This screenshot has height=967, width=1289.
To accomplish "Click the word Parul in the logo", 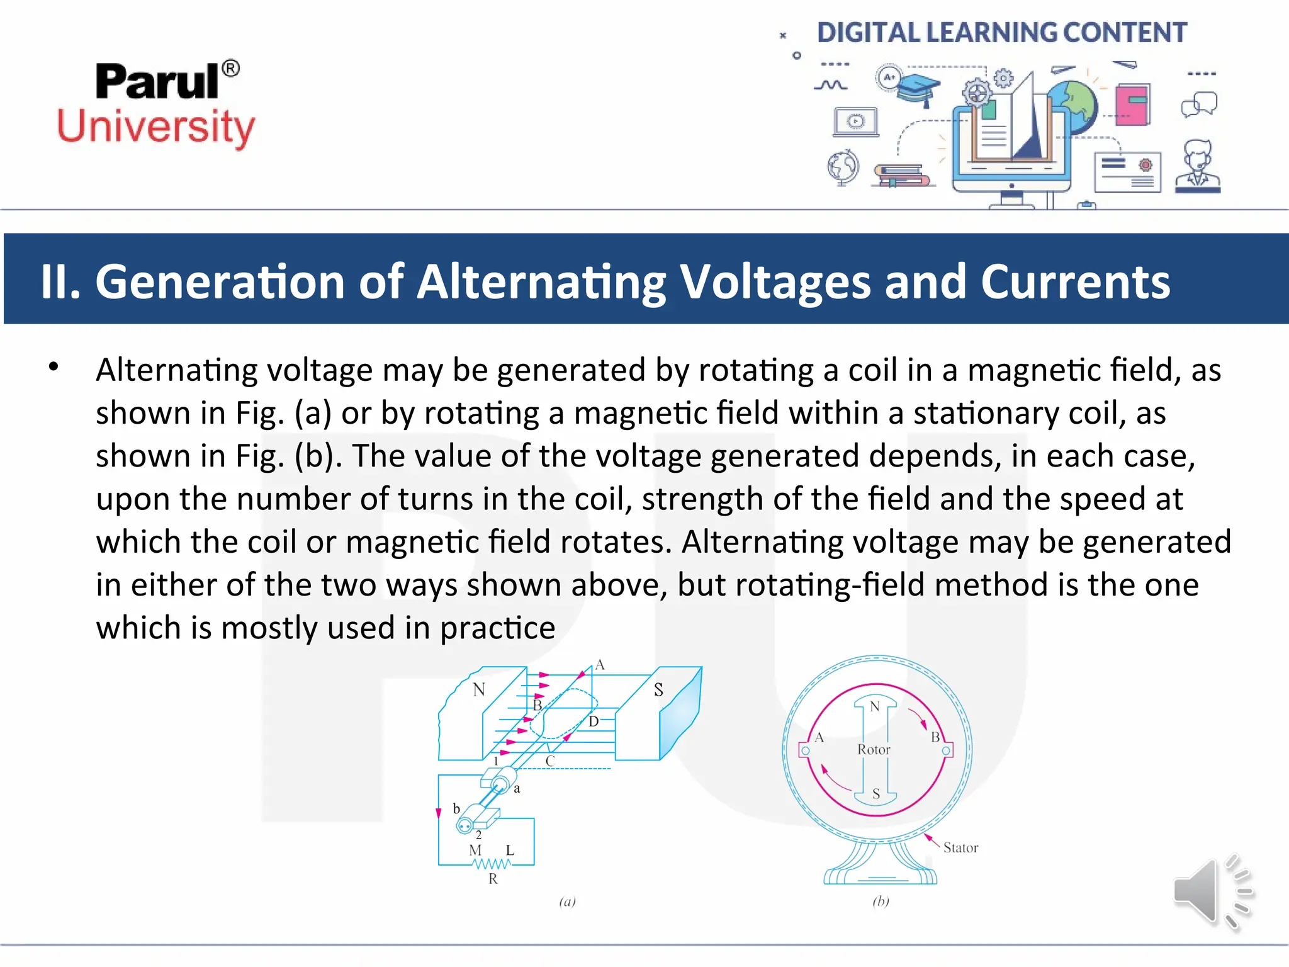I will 157,82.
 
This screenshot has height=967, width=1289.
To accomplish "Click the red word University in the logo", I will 156,127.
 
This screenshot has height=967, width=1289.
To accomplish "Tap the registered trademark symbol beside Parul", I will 231,68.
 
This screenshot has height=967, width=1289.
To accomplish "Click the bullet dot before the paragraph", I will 53,366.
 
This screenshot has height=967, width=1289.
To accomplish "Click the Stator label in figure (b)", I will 960,848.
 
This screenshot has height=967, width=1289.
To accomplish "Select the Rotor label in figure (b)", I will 874,750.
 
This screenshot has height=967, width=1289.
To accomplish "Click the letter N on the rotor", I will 875,706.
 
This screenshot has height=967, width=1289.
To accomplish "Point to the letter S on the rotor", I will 875,795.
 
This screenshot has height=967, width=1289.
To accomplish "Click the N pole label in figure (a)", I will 479,689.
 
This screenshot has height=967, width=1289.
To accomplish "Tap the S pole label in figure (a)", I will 658,690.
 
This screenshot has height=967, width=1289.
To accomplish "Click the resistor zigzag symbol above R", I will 492,864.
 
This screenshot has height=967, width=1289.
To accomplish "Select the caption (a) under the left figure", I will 567,902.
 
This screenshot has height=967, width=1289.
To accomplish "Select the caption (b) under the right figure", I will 881,902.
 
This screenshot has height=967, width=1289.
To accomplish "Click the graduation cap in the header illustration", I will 917,88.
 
